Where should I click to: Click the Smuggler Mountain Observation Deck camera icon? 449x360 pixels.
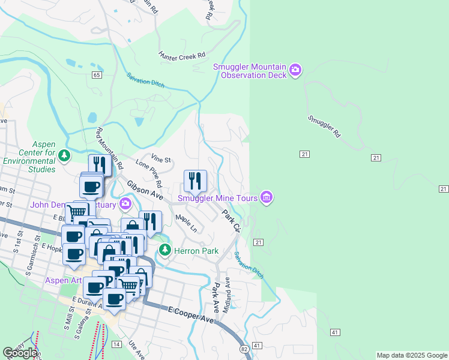click(295, 70)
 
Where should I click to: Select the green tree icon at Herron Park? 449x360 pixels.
click(165, 250)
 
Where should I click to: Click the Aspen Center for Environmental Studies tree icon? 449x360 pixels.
click(65, 157)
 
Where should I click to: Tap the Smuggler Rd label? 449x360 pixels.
click(324, 127)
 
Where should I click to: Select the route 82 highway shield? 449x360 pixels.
click(243, 349)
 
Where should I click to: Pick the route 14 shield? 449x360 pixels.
click(116, 344)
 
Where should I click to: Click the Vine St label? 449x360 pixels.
click(161, 160)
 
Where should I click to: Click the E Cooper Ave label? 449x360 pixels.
click(191, 315)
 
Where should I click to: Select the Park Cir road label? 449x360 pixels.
click(231, 221)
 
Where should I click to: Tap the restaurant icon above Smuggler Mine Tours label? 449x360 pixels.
click(195, 180)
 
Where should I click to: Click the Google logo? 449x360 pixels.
click(20, 353)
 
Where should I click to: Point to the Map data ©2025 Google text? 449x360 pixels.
click(412, 355)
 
